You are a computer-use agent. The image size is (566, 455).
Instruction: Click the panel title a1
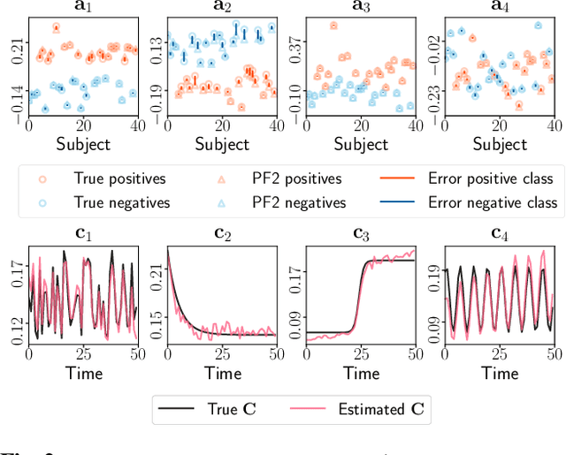82,7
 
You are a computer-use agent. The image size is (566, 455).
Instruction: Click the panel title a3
363,7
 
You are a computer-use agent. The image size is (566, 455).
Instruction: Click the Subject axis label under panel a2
222,143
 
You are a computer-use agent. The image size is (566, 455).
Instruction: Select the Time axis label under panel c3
361,373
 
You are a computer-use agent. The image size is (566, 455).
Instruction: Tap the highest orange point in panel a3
333,26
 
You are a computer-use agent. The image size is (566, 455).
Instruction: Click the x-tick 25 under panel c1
82,353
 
